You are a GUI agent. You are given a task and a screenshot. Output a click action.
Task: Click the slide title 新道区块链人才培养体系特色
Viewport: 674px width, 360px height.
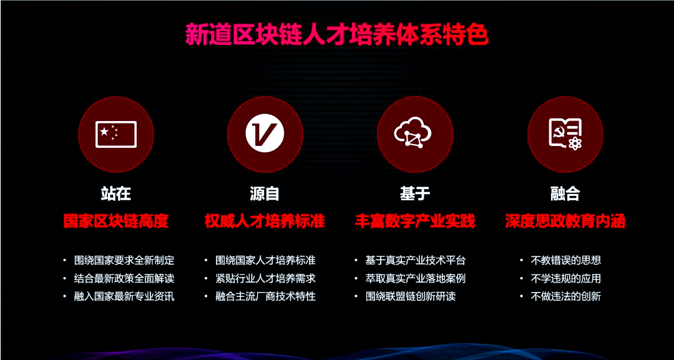[x=336, y=35]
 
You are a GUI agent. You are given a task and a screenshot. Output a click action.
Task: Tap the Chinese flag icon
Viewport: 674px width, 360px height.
[x=116, y=134]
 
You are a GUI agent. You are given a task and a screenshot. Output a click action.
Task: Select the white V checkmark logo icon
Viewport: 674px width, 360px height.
[x=265, y=134]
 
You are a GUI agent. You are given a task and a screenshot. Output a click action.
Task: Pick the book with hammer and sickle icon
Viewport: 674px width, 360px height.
[x=565, y=134]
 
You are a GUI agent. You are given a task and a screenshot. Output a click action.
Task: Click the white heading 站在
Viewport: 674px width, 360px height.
[x=116, y=193]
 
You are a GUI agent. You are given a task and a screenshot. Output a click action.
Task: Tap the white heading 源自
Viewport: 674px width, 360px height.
[x=265, y=193]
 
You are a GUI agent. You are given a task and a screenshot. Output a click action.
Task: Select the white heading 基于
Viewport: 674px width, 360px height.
[x=415, y=193]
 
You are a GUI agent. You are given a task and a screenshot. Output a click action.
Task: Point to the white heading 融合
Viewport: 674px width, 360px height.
[x=565, y=193]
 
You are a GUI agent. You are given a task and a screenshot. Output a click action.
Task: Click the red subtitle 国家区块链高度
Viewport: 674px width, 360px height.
[x=116, y=221]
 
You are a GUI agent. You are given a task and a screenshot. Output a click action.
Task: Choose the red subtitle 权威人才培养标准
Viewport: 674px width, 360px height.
[x=265, y=221]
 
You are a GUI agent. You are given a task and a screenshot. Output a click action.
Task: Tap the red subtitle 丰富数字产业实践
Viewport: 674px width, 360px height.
[x=415, y=221]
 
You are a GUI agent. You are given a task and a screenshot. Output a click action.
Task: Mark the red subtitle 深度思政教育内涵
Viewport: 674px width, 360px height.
[x=565, y=221]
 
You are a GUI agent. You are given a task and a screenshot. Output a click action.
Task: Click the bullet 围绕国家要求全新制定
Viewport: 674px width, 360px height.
[x=124, y=260]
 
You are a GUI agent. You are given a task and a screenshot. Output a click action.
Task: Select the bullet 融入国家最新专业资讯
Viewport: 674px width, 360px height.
[x=124, y=296]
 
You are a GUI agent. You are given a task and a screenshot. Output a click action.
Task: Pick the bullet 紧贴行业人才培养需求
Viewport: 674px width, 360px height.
[x=265, y=278]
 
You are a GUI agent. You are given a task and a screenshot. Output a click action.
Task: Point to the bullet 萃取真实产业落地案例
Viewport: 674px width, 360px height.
[x=415, y=278]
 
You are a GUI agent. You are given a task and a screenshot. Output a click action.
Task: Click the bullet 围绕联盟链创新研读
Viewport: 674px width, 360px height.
[x=410, y=296]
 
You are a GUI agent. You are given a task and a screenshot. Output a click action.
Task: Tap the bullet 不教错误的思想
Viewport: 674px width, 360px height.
[x=565, y=260]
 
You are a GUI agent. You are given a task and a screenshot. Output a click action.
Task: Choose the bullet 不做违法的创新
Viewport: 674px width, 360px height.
[x=565, y=296]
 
